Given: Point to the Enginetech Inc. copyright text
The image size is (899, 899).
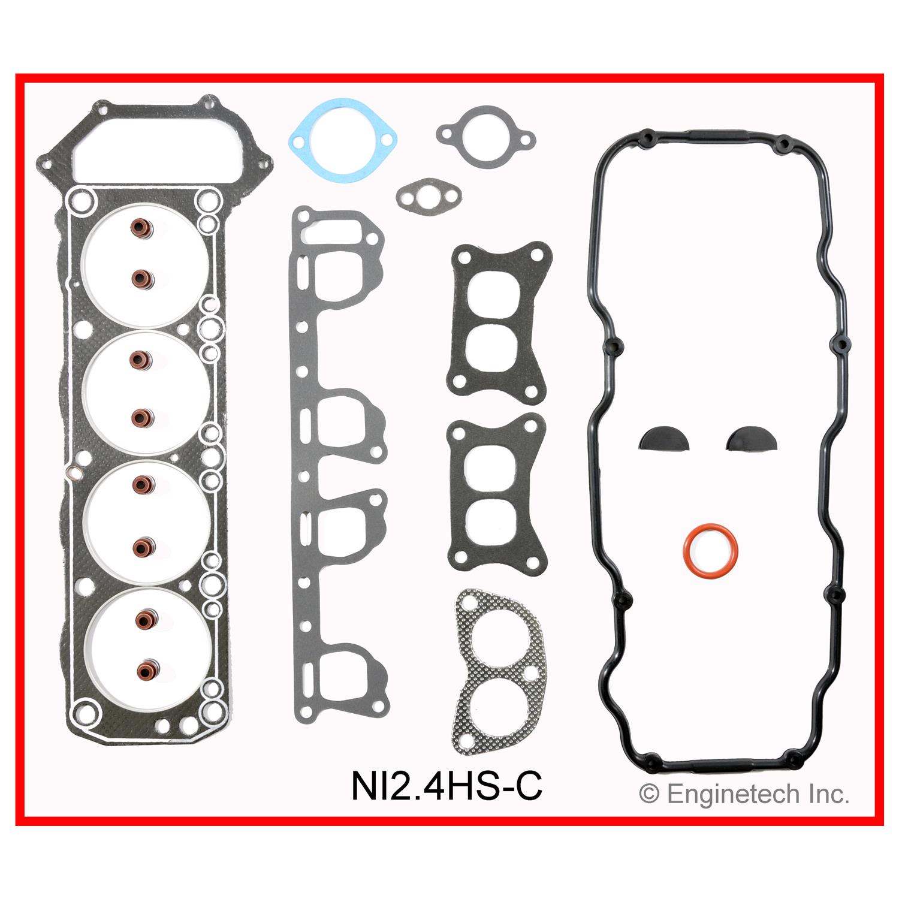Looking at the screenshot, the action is point(744,794).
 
